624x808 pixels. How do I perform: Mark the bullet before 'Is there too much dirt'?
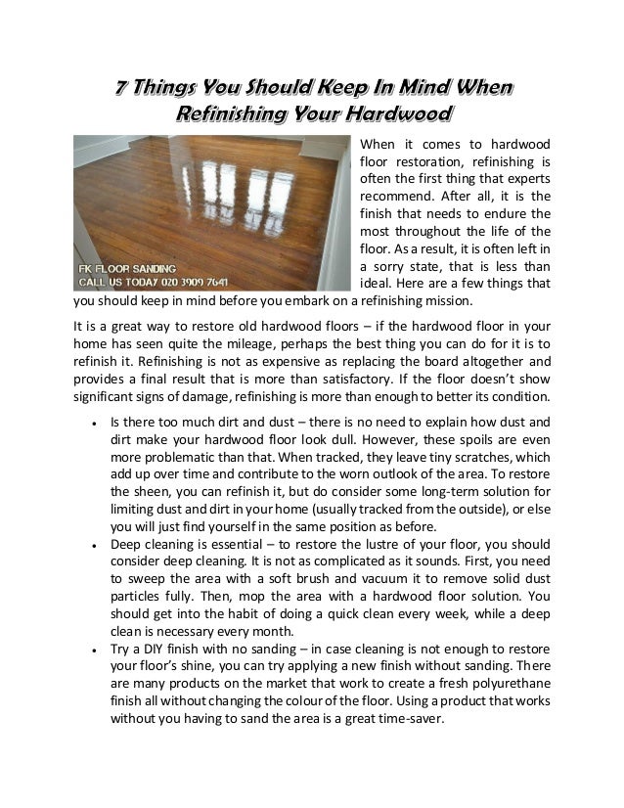[91, 425]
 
